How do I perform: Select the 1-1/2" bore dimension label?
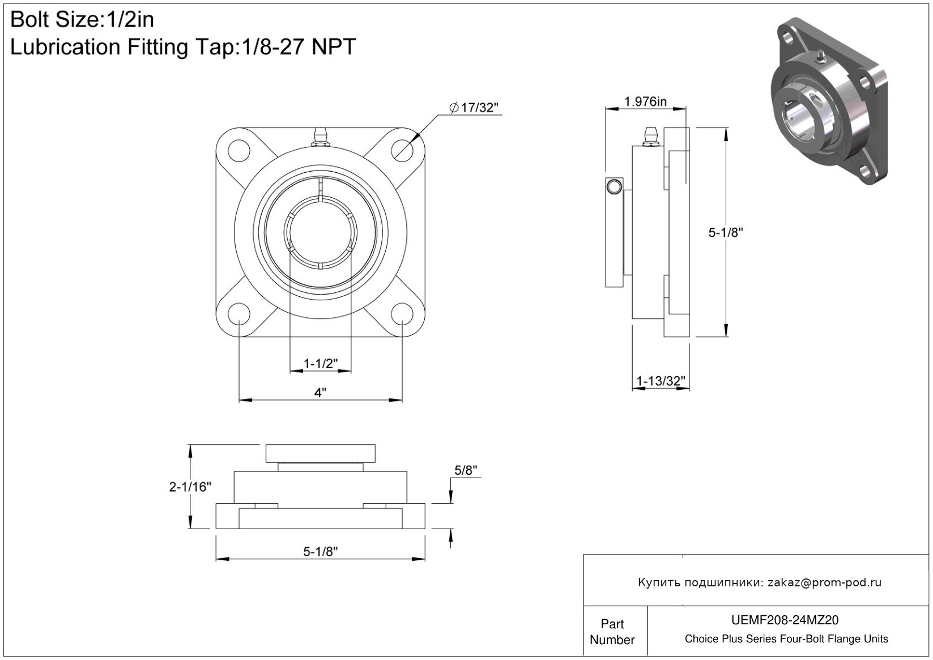(321, 363)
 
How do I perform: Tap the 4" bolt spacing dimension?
(320, 393)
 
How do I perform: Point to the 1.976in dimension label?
(645, 102)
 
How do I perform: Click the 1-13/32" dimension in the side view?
(661, 381)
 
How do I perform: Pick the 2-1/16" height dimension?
(190, 486)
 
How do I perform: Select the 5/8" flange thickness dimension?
(466, 470)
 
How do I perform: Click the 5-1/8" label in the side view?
(726, 232)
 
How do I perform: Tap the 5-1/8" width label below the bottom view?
(321, 551)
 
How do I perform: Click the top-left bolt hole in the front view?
(239, 151)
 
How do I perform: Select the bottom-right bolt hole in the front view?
(402, 313)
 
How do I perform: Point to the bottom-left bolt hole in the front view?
(239, 313)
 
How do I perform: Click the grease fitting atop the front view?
(321, 138)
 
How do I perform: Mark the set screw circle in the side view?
(614, 186)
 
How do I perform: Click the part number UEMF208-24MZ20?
(785, 620)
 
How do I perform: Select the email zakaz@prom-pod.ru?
(824, 582)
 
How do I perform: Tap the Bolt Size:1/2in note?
(82, 20)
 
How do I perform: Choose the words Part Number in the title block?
(612, 632)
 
